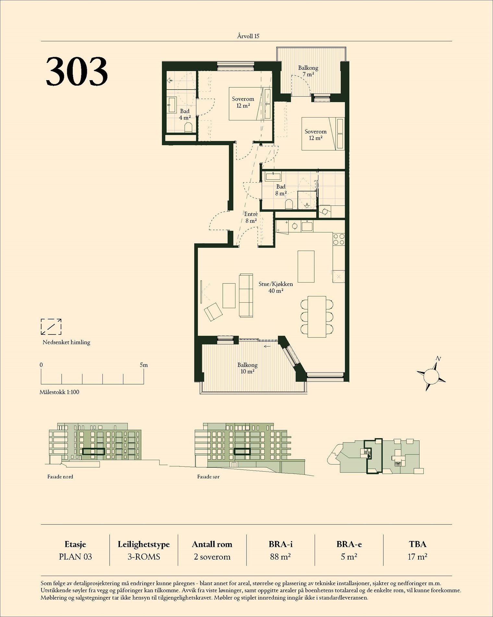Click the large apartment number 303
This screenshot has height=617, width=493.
tap(77, 71)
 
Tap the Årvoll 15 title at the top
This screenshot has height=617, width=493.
tap(248, 36)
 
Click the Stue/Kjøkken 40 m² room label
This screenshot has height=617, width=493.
tap(275, 287)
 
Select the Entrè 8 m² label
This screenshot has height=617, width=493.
tap(251, 217)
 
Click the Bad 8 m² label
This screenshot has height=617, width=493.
tap(281, 190)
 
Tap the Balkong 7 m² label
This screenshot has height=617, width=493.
tap(308, 71)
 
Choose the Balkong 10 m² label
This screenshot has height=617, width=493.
tap(247, 368)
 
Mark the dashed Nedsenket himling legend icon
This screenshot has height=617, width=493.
tap(51, 327)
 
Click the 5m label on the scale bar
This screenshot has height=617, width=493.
tap(144, 365)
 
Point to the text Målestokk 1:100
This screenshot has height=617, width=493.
tap(59, 392)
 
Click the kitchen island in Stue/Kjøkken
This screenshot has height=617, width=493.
tap(306, 267)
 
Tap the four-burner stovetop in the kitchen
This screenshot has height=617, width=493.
tap(339, 240)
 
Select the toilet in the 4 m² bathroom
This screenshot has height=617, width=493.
tap(187, 127)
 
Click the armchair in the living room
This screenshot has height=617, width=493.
tap(213, 312)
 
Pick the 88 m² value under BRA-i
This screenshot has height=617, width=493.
tap(281, 557)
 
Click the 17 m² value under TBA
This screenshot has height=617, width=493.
tap(417, 557)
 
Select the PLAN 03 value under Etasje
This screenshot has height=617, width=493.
tap(76, 557)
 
